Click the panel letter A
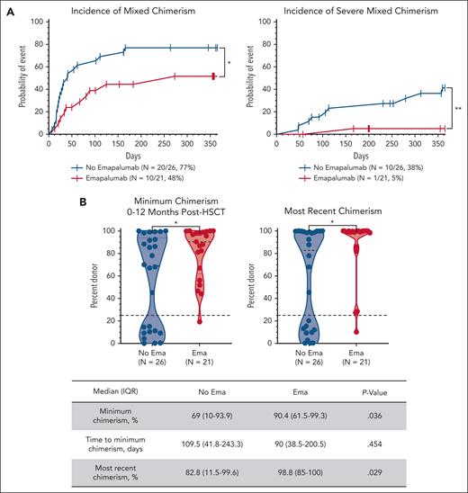coord(7,7)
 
